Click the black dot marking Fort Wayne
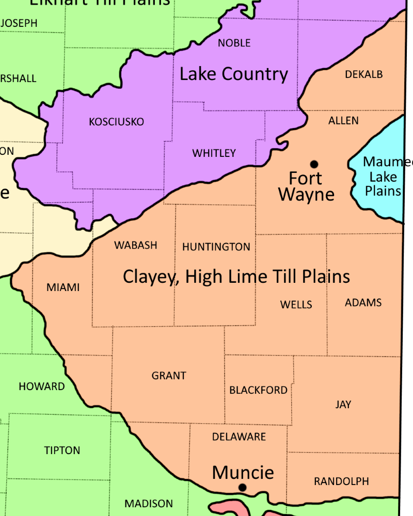pos(314,165)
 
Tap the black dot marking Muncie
pos(242,487)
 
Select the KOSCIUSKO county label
pos(117,122)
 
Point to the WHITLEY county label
pos(214,153)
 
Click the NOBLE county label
pos(234,43)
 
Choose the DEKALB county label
pos(364,74)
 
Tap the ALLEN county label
pos(343,121)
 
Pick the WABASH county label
pos(136,245)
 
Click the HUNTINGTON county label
pos(216,247)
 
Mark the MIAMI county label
pos(63,287)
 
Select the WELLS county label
pos(296,304)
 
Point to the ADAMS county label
pos(363,302)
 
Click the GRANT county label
pos(169,376)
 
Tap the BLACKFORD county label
pos(259,390)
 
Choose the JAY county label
pos(343,405)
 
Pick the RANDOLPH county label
pos(341,481)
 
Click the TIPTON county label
pos(62,450)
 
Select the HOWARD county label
pos(42,386)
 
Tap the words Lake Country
pos(234,74)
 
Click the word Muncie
pos(243,472)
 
